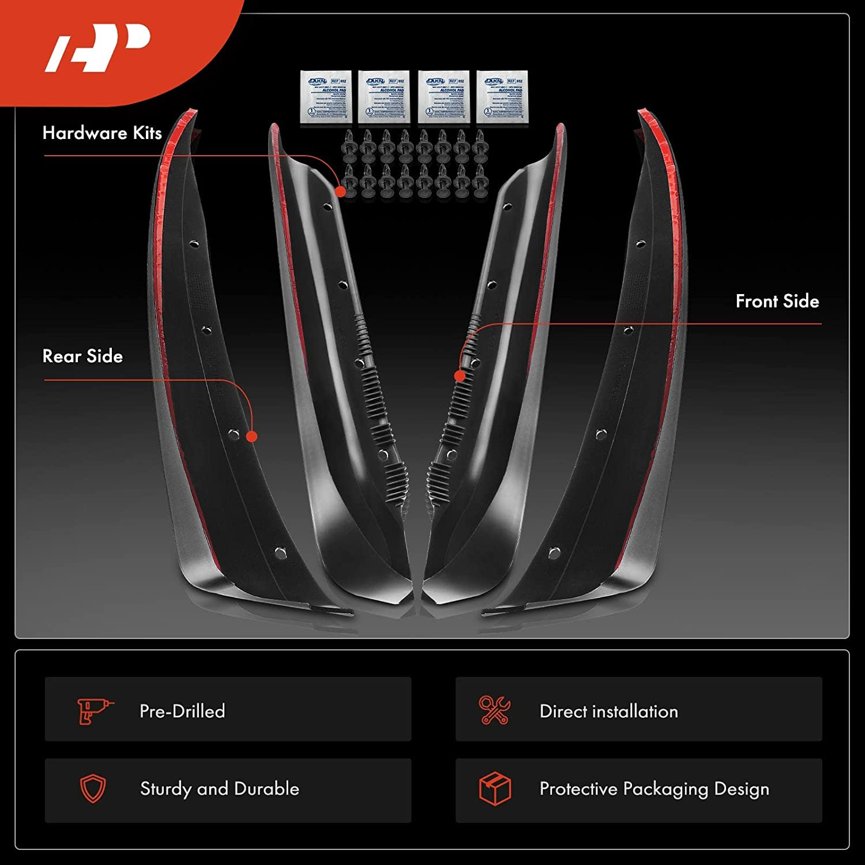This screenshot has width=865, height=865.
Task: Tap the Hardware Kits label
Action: pyautogui.click(x=102, y=133)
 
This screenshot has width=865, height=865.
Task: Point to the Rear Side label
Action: pyautogui.click(x=82, y=356)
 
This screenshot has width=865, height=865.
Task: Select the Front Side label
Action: pyautogui.click(x=777, y=301)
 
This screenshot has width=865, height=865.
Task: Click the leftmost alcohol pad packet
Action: pyautogui.click(x=326, y=96)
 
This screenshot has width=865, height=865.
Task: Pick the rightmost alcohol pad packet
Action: pyautogui.click(x=502, y=96)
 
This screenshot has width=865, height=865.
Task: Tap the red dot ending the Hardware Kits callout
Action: pyautogui.click(x=341, y=191)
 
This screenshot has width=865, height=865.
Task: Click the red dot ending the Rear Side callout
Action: pyautogui.click(x=251, y=436)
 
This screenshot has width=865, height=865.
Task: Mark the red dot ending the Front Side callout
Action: pyautogui.click(x=460, y=376)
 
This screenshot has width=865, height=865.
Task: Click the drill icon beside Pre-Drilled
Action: pyautogui.click(x=94, y=710)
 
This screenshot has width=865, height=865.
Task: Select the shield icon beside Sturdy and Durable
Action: pyautogui.click(x=93, y=788)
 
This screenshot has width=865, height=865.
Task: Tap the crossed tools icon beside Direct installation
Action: pyautogui.click(x=494, y=710)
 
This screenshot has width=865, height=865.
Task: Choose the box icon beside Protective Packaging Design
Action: pyautogui.click(x=495, y=788)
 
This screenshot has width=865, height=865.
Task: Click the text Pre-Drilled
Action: pyautogui.click(x=182, y=711)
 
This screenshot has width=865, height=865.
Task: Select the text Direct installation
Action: pyautogui.click(x=608, y=711)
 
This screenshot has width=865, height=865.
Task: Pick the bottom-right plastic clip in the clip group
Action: pyautogui.click(x=480, y=183)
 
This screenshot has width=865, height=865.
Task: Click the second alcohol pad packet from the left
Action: pyautogui.click(x=384, y=96)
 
